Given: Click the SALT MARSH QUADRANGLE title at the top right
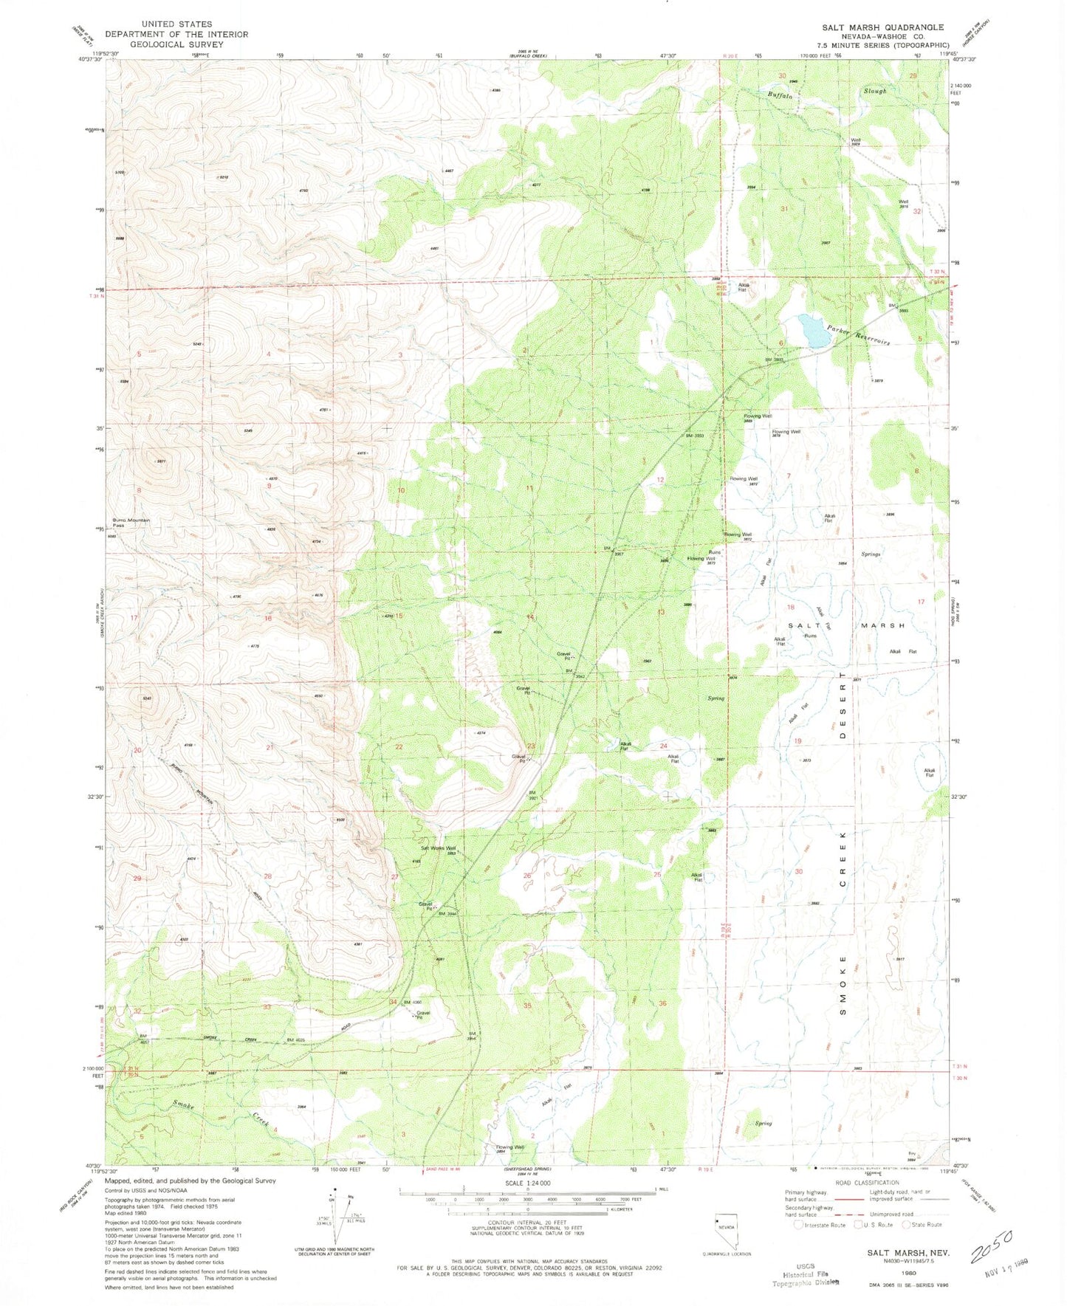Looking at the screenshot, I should [882, 27].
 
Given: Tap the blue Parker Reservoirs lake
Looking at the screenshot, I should [813, 330].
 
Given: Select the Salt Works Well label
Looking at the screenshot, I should [438, 848].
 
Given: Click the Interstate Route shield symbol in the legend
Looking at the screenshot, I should [799, 1225].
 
